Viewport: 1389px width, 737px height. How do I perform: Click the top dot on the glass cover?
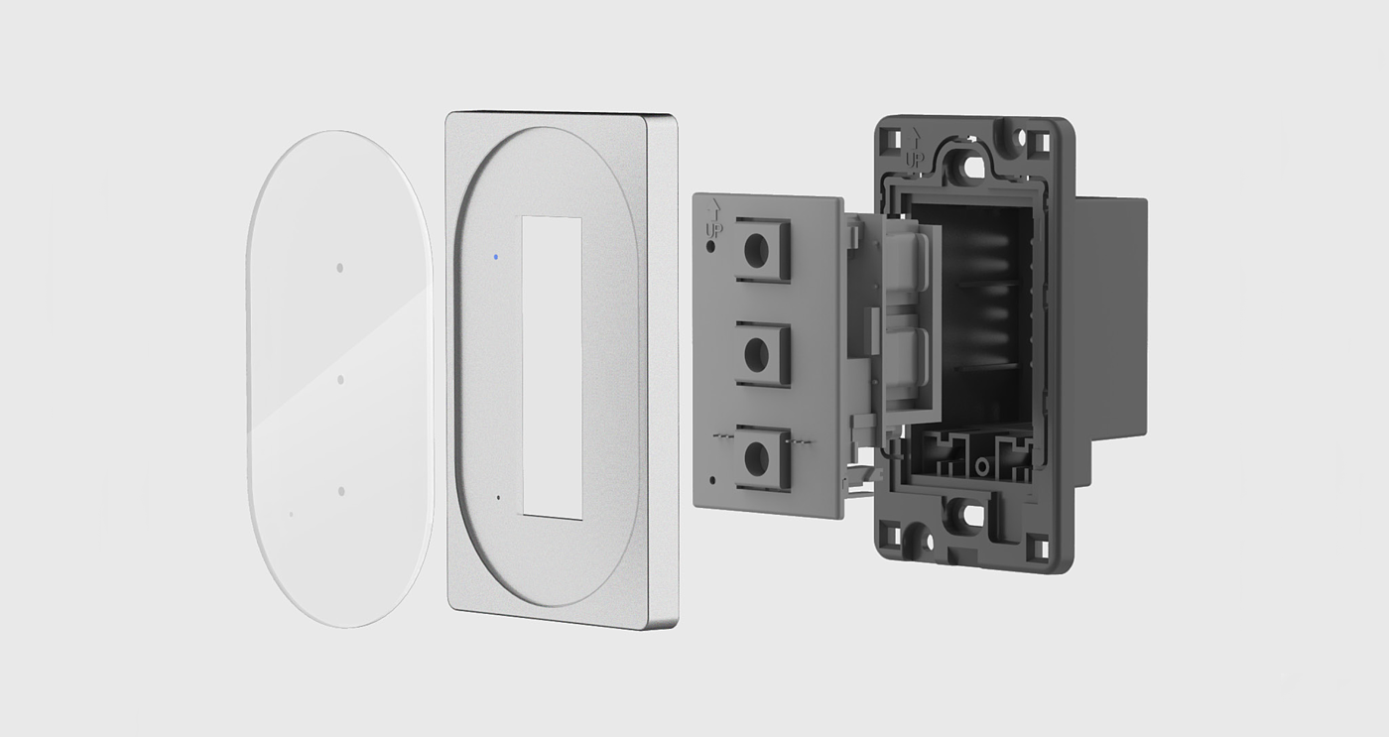[x=339, y=268]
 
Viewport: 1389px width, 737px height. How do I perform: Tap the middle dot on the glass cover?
[x=340, y=380]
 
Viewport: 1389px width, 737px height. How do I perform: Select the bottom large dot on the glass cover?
[x=341, y=492]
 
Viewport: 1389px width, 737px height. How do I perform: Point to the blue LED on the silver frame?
[x=495, y=257]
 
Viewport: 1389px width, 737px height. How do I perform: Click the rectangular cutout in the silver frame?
[x=553, y=368]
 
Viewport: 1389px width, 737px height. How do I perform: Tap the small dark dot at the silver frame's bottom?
[x=498, y=497]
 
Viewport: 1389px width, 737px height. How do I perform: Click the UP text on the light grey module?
[x=714, y=230]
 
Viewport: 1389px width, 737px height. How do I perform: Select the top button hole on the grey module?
[x=756, y=252]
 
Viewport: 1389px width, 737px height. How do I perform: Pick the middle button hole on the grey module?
[x=756, y=355]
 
